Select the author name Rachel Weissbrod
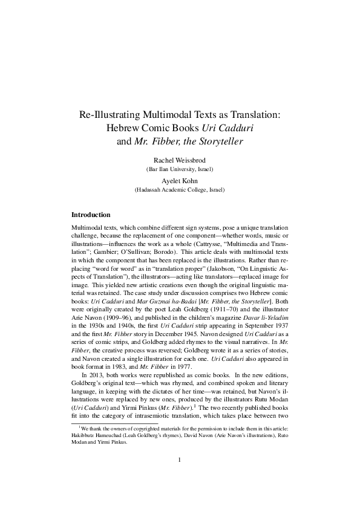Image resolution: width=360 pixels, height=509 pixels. (180, 160)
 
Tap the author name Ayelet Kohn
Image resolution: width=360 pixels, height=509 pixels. (180, 180)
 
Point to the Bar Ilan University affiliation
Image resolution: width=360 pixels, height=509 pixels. (180, 170)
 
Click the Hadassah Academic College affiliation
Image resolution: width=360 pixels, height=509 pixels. (180, 190)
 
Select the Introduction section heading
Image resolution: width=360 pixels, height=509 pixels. (91, 215)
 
